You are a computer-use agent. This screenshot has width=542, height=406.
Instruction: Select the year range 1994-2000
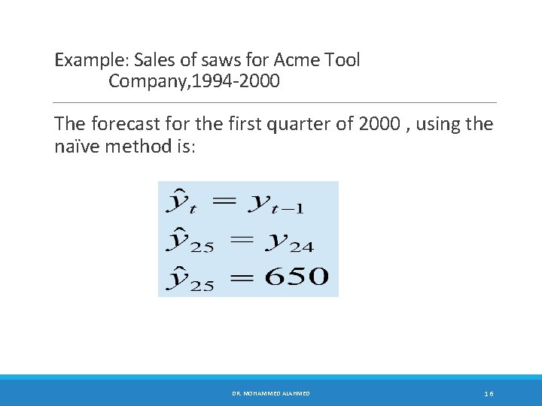point(233,81)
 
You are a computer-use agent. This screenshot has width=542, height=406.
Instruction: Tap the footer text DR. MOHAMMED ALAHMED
point(271,393)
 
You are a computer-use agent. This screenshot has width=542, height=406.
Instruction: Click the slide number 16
point(489,393)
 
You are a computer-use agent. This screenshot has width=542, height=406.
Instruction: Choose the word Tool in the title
point(343,60)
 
